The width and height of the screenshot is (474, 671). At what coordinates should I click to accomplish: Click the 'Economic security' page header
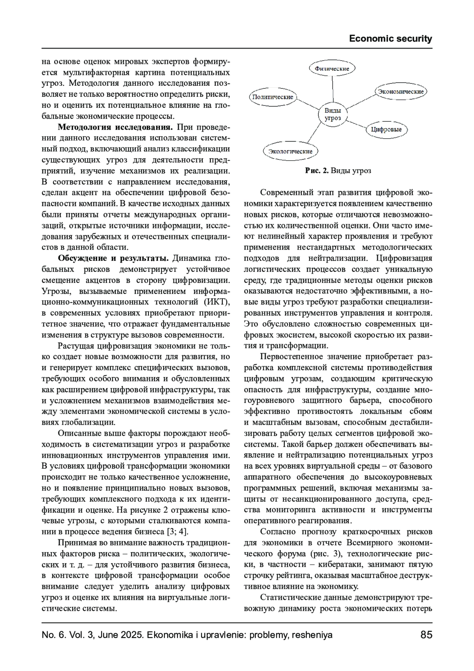[390, 39]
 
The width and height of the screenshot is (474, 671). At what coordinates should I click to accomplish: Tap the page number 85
[426, 635]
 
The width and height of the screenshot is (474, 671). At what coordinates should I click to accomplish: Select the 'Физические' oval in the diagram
[332, 68]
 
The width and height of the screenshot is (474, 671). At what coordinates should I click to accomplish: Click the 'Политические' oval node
[273, 97]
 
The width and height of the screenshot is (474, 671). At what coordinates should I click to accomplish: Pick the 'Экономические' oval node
[400, 92]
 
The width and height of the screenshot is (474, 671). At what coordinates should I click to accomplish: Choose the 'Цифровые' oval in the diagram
[386, 130]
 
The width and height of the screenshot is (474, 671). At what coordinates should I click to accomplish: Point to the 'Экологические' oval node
[290, 151]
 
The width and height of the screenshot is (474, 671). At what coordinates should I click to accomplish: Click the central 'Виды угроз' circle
[333, 114]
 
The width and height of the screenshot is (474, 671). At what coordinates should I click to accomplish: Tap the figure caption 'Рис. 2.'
[317, 171]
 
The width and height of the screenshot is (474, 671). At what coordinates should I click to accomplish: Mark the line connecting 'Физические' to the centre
[332, 89]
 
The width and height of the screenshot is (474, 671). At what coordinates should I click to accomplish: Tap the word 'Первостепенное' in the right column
[290, 356]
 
